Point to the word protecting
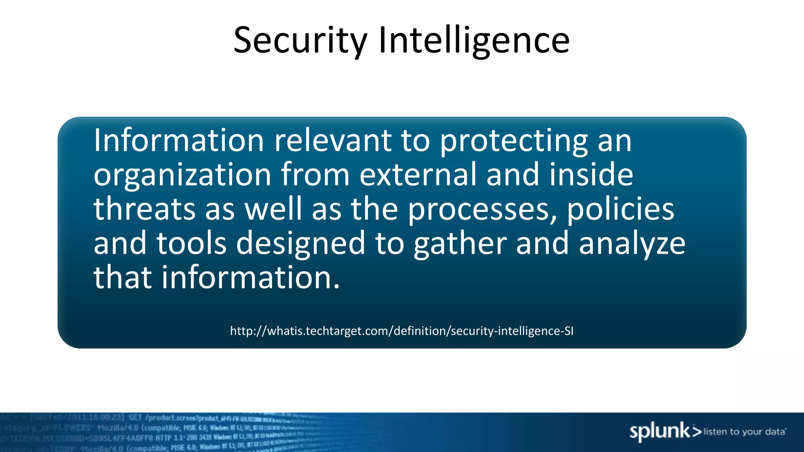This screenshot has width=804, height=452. click(x=514, y=141)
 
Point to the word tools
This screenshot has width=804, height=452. click(x=192, y=243)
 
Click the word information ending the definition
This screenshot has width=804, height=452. click(x=250, y=277)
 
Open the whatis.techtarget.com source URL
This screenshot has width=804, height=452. click(x=402, y=331)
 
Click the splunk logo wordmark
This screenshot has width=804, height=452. click(x=660, y=432)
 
